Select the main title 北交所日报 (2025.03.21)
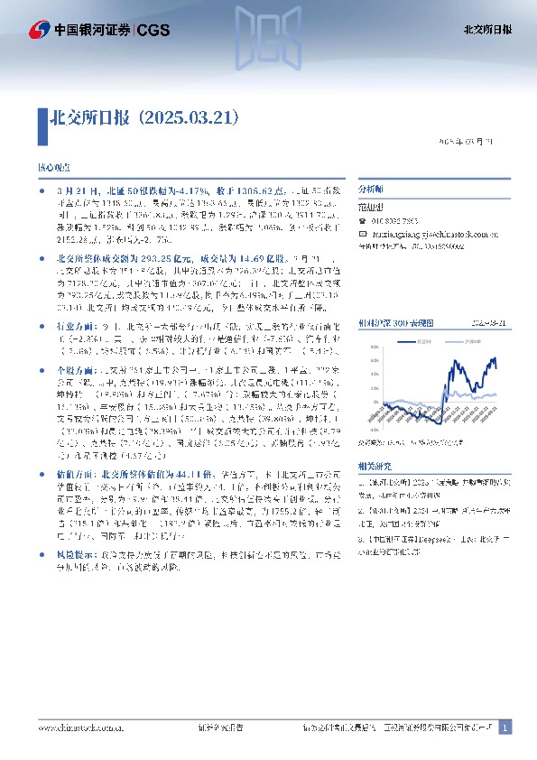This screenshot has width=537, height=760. click(144, 117)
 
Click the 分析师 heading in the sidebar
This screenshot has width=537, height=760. click(371, 190)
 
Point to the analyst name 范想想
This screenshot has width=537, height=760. click(372, 207)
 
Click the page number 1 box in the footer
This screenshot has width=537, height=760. click(505, 727)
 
